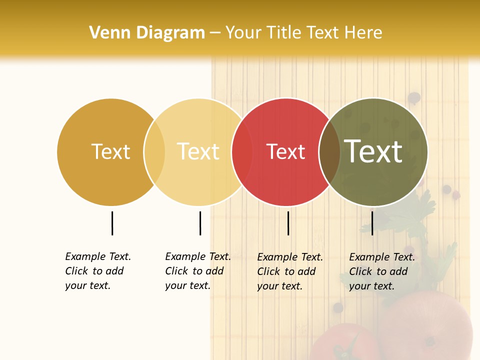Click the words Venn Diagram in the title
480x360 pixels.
tap(147, 33)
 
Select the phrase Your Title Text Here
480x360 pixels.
tap(303, 33)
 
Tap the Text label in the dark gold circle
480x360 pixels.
tap(110, 151)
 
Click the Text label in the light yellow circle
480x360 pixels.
tap(198, 151)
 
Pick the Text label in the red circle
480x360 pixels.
tap(285, 152)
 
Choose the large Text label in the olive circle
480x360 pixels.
tap(373, 151)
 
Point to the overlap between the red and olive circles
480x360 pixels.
tap(329, 152)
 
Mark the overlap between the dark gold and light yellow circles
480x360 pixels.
tap(154, 152)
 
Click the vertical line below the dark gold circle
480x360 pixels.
tap(112, 223)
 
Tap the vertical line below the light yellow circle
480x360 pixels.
tap(200, 223)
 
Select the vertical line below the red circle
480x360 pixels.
tap(288, 223)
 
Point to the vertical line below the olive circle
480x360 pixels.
tap(372, 223)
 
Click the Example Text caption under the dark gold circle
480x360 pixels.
tap(98, 271)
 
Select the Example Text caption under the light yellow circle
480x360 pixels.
tap(198, 271)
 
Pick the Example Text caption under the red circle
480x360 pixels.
tap(290, 271)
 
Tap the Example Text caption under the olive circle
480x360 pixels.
tap(382, 271)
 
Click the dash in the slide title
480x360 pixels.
tap(215, 33)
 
